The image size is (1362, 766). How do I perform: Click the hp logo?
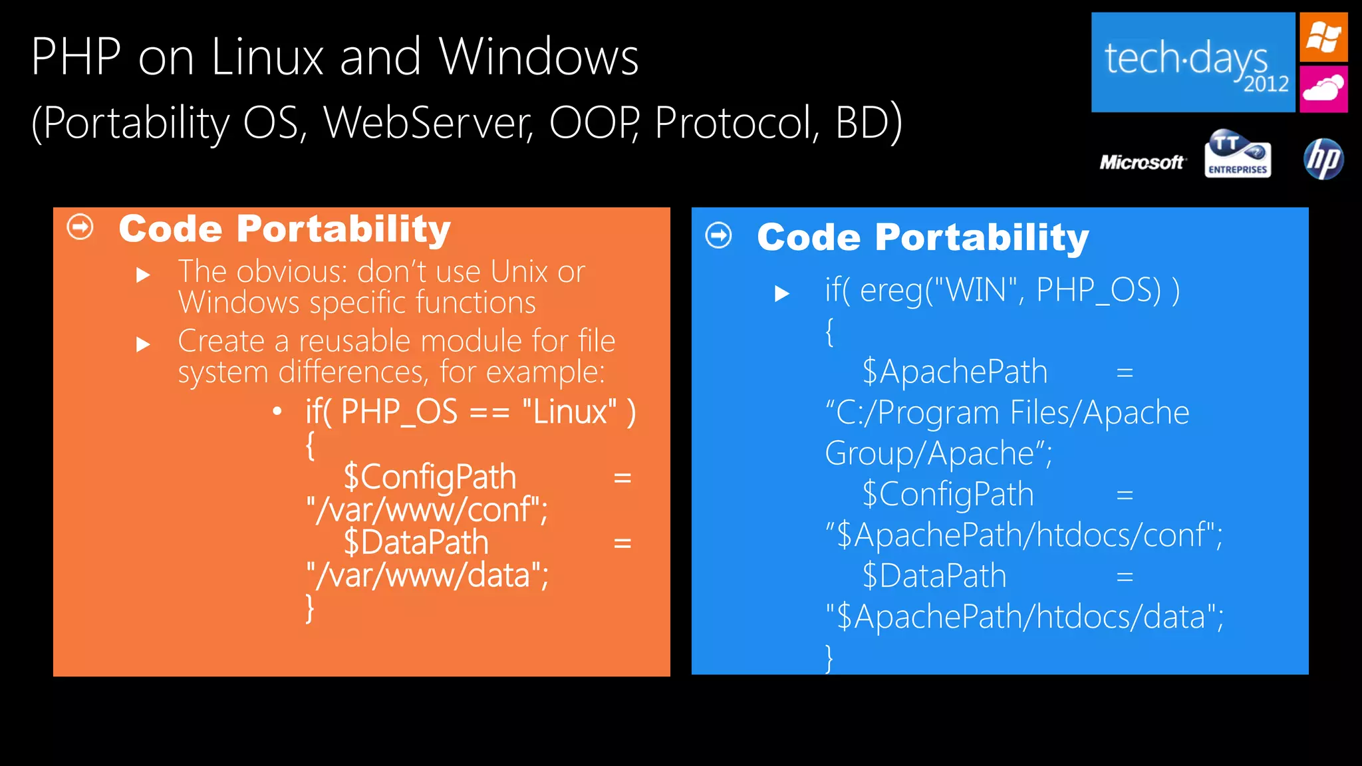(x=1323, y=160)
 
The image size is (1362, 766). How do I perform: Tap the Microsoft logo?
(x=1142, y=162)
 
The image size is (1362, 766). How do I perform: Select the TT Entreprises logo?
(x=1238, y=154)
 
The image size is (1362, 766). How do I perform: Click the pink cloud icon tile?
(x=1323, y=88)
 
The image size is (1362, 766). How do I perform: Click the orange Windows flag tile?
(x=1323, y=37)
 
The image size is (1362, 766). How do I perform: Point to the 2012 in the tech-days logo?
(x=1266, y=84)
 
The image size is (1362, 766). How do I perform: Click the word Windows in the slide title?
(x=539, y=57)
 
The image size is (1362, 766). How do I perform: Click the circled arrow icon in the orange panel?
(x=80, y=227)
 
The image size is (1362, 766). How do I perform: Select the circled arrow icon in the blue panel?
(x=719, y=235)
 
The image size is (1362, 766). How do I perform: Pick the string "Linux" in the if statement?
(x=569, y=412)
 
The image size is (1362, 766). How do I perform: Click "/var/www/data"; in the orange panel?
(x=427, y=575)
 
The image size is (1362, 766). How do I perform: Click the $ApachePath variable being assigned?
(x=954, y=372)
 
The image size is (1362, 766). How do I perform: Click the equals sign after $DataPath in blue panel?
(x=1125, y=576)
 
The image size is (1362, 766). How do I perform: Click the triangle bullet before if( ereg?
(x=782, y=293)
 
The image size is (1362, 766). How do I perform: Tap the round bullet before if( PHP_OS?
(x=277, y=412)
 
